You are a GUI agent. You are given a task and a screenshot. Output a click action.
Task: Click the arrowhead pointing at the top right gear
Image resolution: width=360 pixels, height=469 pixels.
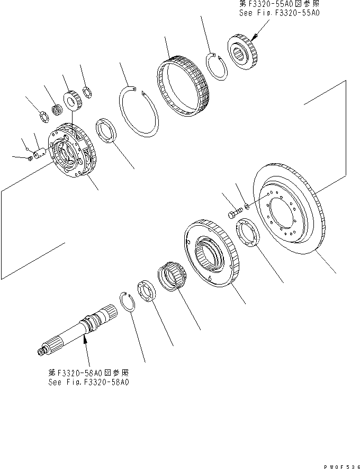click(x=253, y=38)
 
